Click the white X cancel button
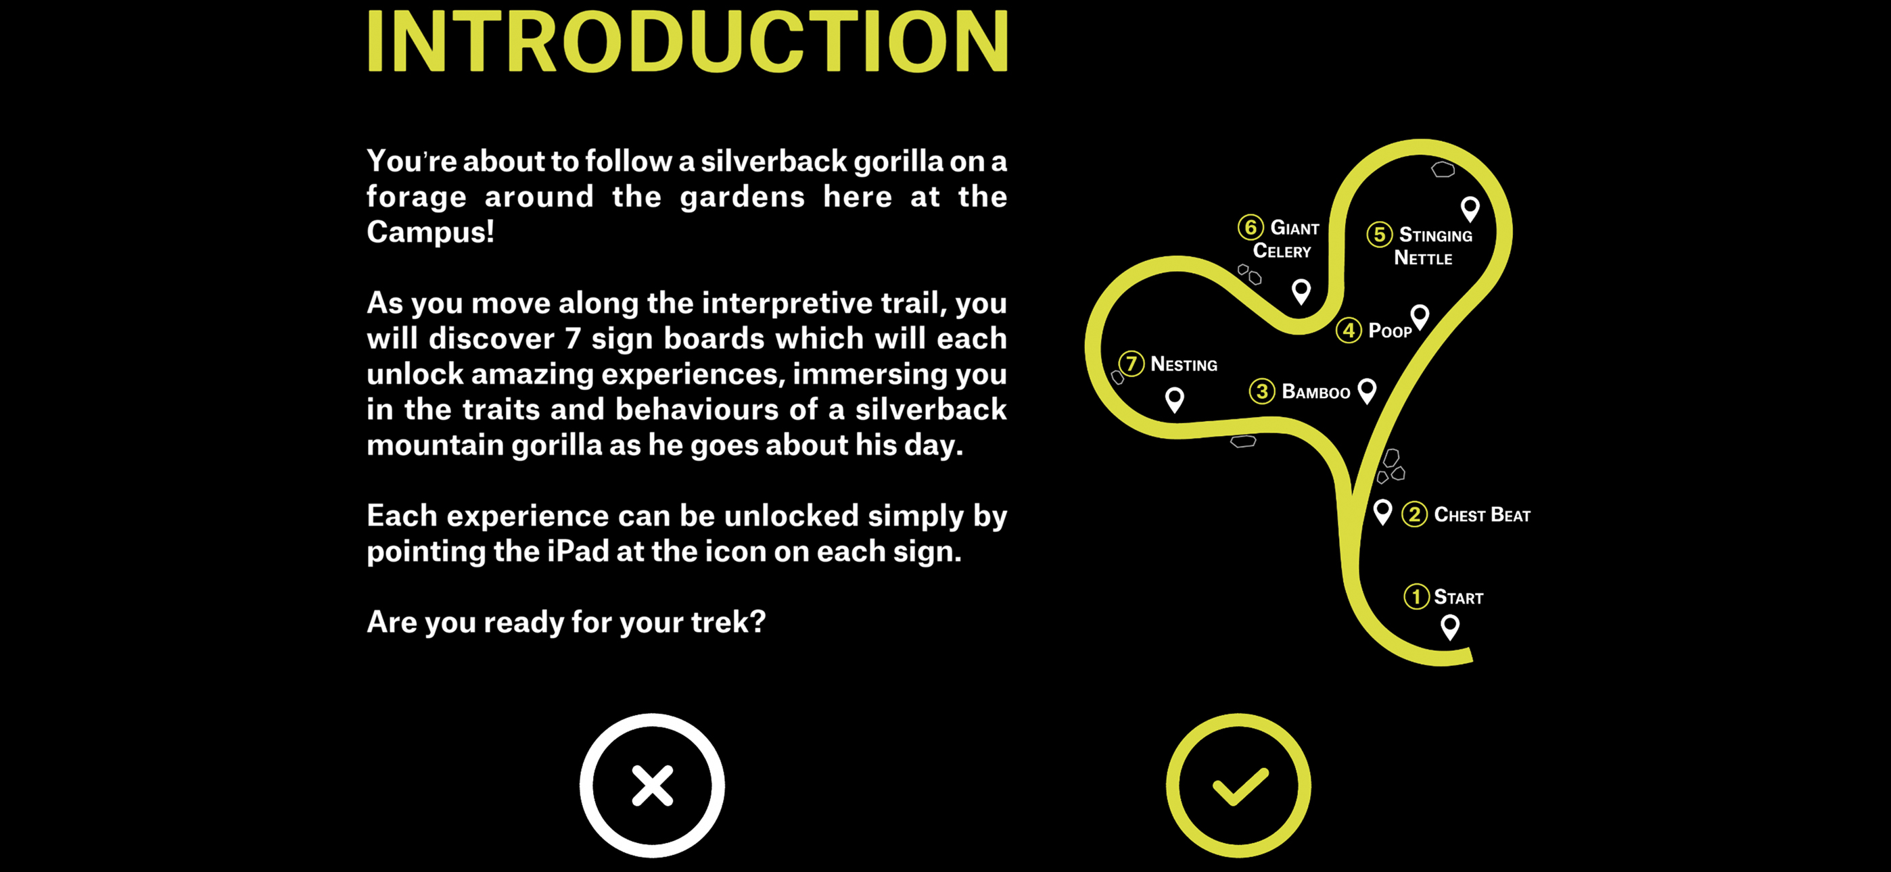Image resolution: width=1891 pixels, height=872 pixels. [x=652, y=785]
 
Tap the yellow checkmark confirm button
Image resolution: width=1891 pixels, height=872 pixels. [x=1238, y=785]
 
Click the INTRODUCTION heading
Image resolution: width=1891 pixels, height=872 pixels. [x=688, y=41]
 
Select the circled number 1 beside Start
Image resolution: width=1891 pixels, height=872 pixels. [x=1416, y=597]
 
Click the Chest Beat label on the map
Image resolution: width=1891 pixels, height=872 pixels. [x=1482, y=515]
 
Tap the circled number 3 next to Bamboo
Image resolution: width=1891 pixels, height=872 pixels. [x=1262, y=391]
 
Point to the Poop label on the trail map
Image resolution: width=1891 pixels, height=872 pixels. [x=1390, y=331]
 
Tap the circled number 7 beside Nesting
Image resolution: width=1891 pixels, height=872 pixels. [x=1131, y=364]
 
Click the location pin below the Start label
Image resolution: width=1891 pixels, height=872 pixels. [x=1450, y=627]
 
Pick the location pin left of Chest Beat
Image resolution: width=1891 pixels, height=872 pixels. [x=1382, y=512]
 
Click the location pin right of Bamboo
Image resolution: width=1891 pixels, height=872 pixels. [x=1367, y=391]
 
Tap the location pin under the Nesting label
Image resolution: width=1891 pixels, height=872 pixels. [x=1175, y=400]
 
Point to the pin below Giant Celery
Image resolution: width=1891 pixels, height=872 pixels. [x=1301, y=291]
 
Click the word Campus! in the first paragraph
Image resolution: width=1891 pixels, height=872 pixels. [x=431, y=232]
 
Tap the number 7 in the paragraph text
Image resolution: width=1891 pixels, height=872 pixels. [x=574, y=339]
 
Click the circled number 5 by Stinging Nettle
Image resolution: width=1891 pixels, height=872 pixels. [x=1379, y=234]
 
